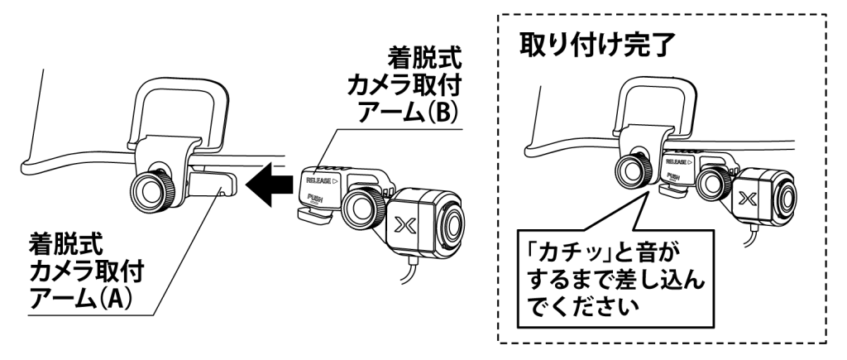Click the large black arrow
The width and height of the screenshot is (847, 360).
coord(270,185)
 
